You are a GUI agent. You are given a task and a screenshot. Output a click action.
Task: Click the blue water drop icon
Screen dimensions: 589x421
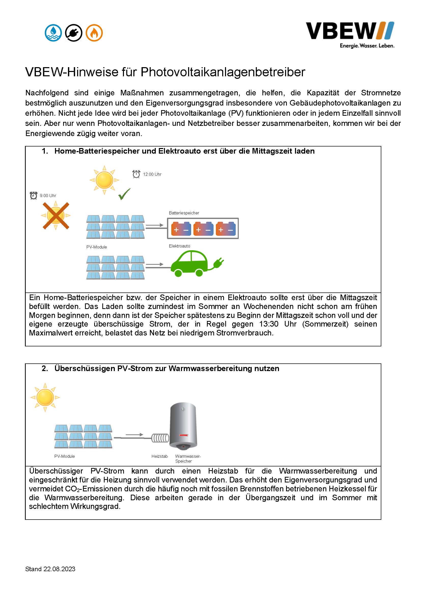pyautogui.click(x=53, y=33)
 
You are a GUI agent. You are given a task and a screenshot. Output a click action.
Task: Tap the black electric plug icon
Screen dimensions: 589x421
pyautogui.click(x=74, y=33)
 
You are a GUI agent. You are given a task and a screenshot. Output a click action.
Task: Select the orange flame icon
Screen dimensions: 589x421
pyautogui.click(x=94, y=33)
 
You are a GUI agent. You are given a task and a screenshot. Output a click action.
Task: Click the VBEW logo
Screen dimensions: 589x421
pyautogui.click(x=350, y=31)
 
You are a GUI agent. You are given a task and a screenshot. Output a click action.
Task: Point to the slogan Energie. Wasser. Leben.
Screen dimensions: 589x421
pyautogui.click(x=367, y=46)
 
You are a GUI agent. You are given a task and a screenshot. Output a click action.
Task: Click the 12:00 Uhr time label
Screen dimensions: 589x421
pyautogui.click(x=152, y=174)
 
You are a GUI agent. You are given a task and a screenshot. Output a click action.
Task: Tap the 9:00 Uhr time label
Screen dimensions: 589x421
pyautogui.click(x=48, y=196)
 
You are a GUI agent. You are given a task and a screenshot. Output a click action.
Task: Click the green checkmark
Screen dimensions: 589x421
pyautogui.click(x=124, y=194)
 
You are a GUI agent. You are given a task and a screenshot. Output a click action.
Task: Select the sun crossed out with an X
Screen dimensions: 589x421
pyautogui.click(x=56, y=215)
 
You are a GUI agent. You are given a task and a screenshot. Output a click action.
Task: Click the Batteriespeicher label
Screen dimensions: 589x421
pyautogui.click(x=184, y=213)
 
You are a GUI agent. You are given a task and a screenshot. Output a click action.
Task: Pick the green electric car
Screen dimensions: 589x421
pyautogui.click(x=189, y=263)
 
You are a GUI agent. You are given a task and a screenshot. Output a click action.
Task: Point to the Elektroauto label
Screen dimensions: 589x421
pyautogui.click(x=179, y=246)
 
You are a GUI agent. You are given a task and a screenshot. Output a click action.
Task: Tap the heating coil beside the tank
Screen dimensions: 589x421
pyautogui.click(x=160, y=438)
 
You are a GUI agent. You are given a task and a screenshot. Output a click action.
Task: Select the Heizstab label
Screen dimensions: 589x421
pyautogui.click(x=159, y=457)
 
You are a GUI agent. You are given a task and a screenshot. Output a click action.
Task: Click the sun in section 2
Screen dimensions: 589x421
pyautogui.click(x=45, y=397)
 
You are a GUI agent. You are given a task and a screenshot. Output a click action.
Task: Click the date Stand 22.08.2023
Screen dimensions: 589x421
pyautogui.click(x=50, y=569)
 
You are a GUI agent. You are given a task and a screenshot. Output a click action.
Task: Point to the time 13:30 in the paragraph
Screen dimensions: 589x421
pyautogui.click(x=269, y=324)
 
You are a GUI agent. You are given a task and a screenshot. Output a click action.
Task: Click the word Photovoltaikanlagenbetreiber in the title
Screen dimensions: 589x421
pyautogui.click(x=223, y=72)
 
